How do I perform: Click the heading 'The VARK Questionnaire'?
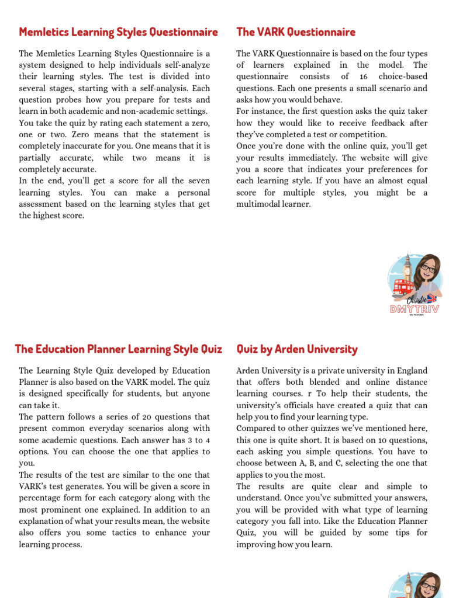(x=296, y=32)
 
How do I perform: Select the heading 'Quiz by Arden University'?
(x=297, y=349)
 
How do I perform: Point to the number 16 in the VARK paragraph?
(x=364, y=77)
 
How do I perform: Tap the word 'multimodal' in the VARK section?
(x=260, y=204)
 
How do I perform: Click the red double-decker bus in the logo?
(x=404, y=287)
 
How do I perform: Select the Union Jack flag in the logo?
(x=431, y=298)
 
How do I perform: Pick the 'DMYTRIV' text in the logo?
(x=415, y=310)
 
